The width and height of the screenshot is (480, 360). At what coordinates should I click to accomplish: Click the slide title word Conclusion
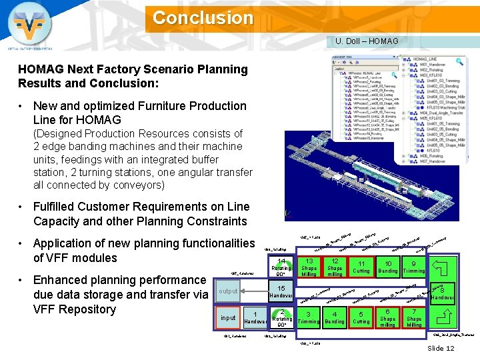coord(203,17)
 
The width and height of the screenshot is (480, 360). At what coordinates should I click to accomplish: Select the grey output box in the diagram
coord(229,291)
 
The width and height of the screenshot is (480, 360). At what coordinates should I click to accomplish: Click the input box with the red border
coord(228,318)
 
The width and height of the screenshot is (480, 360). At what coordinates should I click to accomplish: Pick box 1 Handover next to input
coord(255,317)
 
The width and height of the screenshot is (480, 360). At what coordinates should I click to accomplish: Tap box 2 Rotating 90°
coord(282,317)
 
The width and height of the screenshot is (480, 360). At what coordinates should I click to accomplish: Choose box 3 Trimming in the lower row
coord(308,317)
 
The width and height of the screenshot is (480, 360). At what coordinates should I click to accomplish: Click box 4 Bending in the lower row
coord(335,317)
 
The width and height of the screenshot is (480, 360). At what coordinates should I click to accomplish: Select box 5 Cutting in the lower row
coord(361,317)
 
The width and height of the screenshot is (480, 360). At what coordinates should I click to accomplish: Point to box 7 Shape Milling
coord(414,317)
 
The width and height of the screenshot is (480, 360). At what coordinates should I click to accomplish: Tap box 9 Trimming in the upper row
coord(414,267)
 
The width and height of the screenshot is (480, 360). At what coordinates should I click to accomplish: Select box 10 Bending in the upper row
coord(387,267)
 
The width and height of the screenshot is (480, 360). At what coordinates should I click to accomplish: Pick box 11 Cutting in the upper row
coord(361,267)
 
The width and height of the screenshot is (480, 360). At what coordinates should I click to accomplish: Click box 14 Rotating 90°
coord(282,267)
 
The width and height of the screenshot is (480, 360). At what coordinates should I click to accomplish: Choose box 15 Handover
coord(282,292)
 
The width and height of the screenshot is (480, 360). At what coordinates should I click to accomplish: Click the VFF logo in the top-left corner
coord(29,27)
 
